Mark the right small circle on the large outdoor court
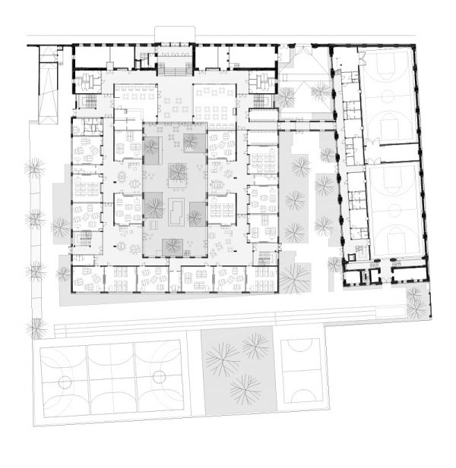coord(159,377)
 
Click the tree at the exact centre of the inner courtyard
coord(178,173)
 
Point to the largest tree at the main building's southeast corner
coord(293,278)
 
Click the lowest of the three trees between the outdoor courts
coord(245,389)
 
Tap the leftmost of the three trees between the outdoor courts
coord(222,359)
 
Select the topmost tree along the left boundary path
coord(33,168)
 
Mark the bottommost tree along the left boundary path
coord(35,328)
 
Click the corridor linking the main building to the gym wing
coord(304,121)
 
